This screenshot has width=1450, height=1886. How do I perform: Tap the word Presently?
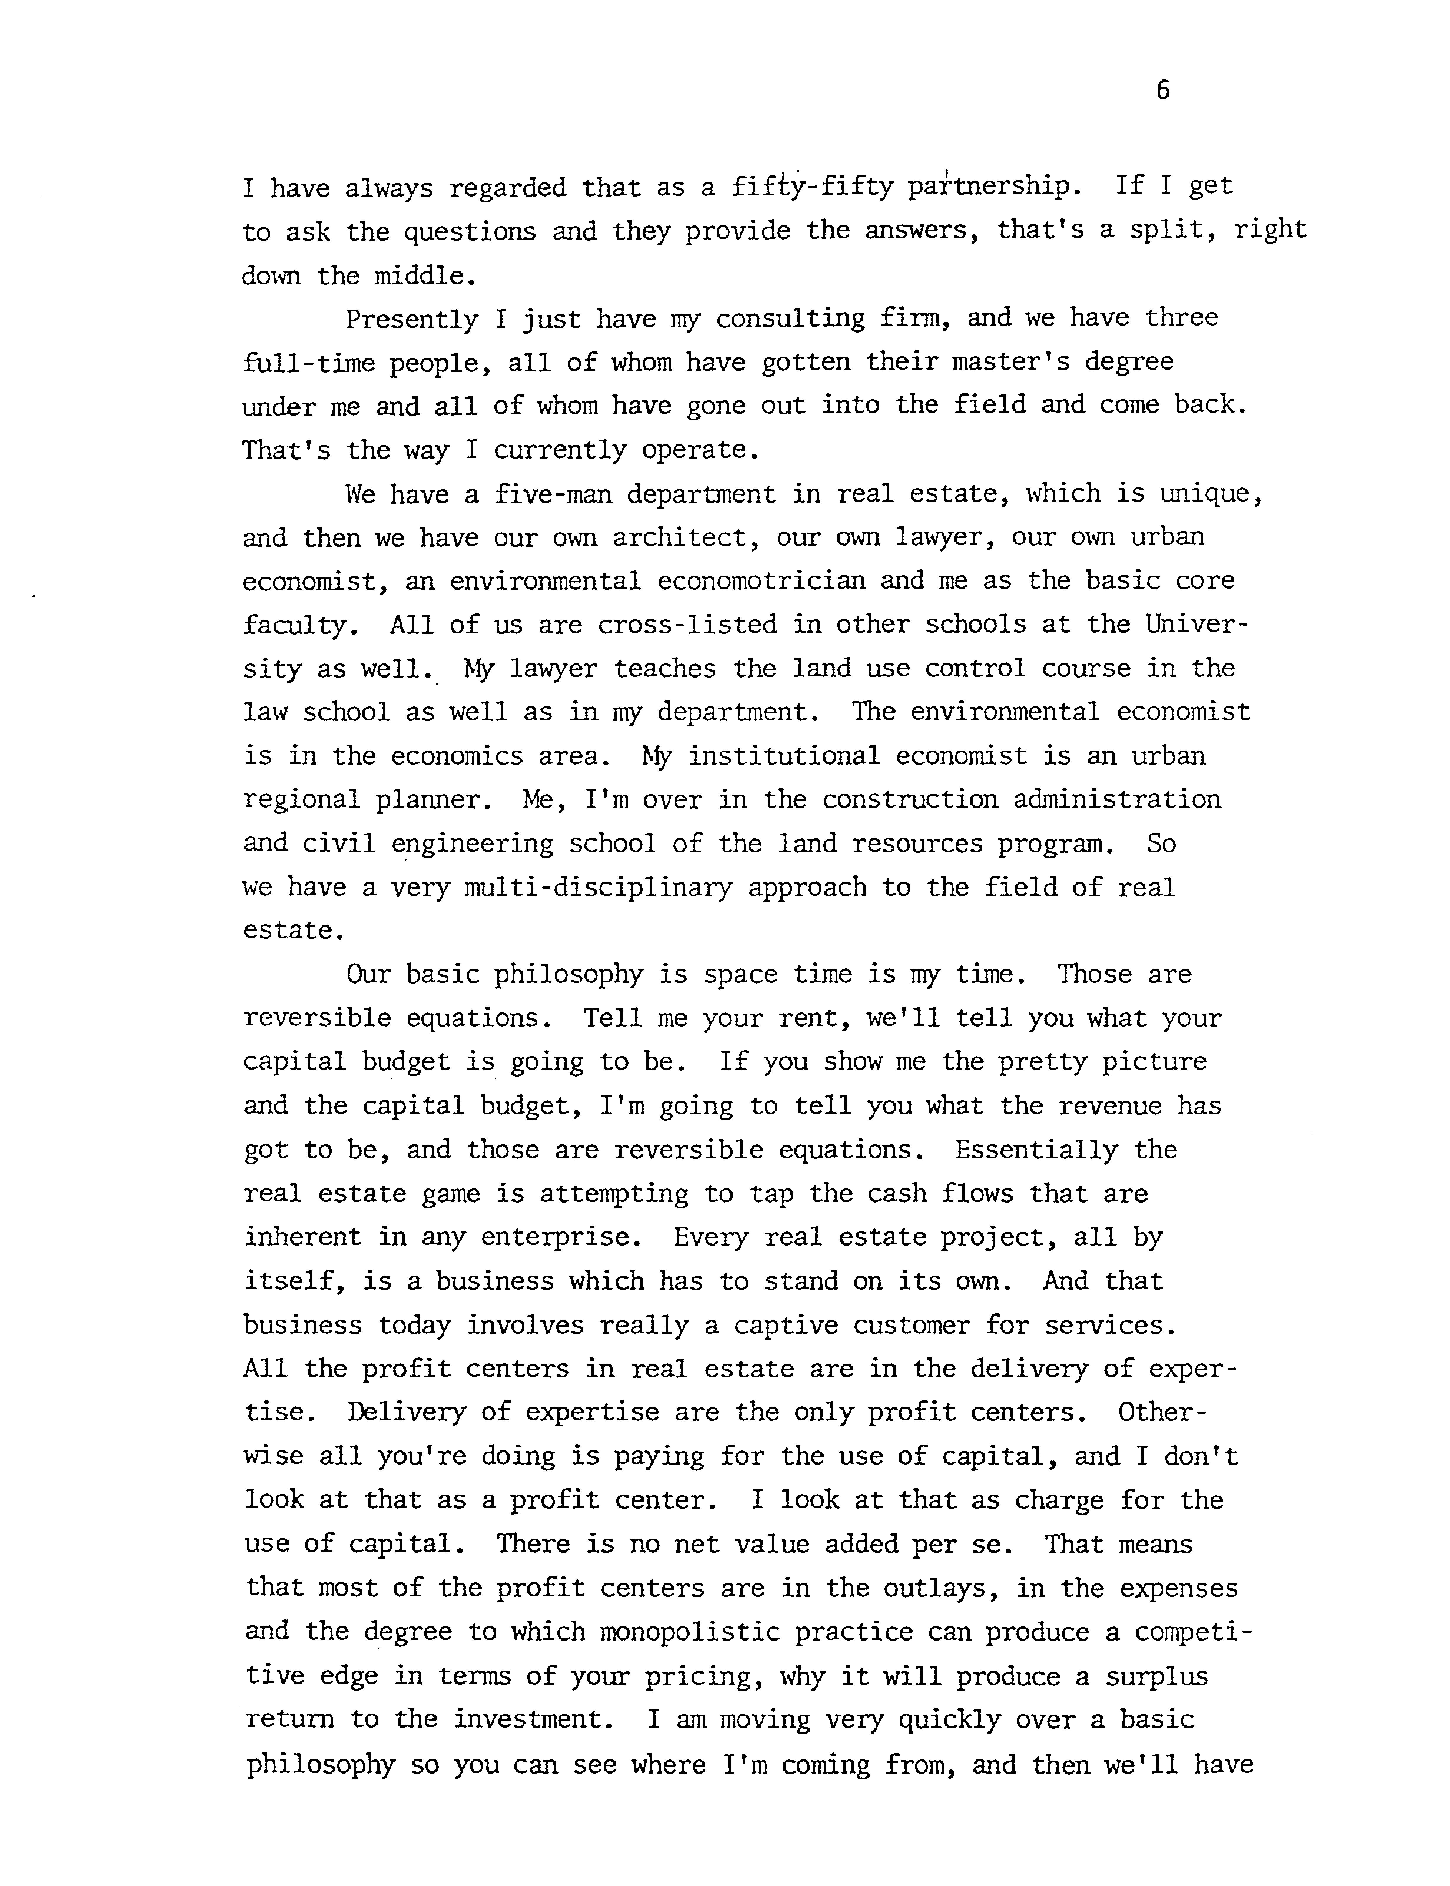pos(412,319)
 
